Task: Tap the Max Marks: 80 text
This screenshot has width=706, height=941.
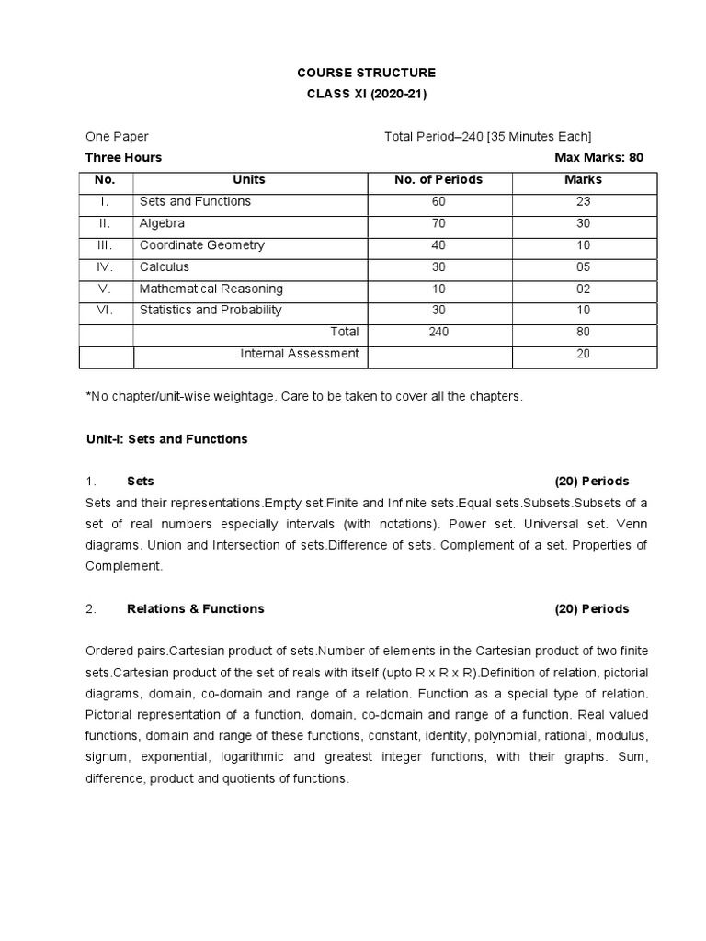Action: [598, 157]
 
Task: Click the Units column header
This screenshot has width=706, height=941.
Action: [249, 179]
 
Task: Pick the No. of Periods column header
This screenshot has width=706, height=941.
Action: [438, 179]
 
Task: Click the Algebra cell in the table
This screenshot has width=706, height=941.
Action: [162, 223]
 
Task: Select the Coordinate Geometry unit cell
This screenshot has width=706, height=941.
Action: [201, 245]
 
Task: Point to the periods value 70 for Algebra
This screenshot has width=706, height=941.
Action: [438, 223]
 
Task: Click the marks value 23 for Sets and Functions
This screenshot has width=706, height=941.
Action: [583, 201]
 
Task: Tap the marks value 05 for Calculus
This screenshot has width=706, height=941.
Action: [583, 267]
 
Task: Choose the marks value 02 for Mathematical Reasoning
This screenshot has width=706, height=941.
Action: [583, 289]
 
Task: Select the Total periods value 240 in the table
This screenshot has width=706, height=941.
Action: [438, 332]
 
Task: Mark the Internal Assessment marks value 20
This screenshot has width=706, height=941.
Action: [583, 354]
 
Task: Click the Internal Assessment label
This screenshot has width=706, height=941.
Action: [300, 354]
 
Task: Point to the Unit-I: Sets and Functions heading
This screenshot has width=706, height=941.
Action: [166, 439]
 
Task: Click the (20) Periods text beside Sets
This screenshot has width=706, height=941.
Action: [591, 482]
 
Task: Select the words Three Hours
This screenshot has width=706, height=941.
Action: [123, 157]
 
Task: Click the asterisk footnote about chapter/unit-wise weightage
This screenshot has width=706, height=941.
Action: [303, 396]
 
